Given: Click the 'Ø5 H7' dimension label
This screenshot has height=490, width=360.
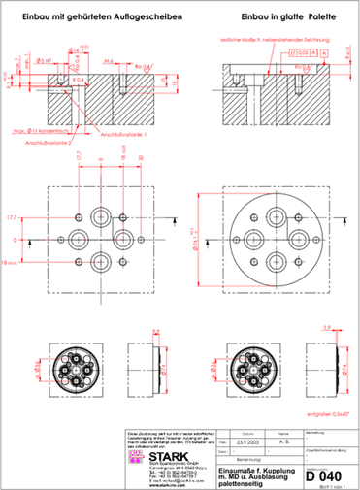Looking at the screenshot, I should [x=45, y=59].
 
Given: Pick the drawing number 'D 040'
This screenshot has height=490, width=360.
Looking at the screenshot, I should [x=322, y=475].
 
